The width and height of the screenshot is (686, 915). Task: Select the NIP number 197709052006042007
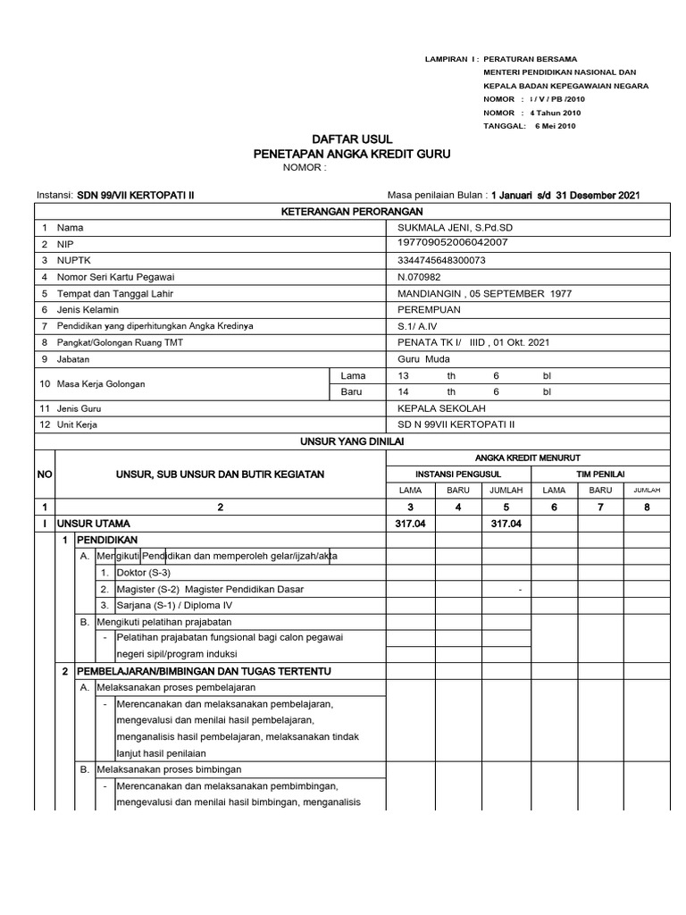pyautogui.click(x=453, y=242)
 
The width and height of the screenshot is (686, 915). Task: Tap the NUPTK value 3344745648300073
pyautogui.click(x=448, y=261)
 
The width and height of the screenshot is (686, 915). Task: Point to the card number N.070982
pyautogui.click(x=420, y=277)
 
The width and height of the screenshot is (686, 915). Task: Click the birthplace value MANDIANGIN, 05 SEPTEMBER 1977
pyautogui.click(x=485, y=293)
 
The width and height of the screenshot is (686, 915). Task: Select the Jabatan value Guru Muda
pyautogui.click(x=424, y=358)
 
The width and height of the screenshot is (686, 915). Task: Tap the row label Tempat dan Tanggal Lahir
pyautogui.click(x=114, y=293)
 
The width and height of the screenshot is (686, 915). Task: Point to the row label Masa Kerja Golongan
pyautogui.click(x=101, y=383)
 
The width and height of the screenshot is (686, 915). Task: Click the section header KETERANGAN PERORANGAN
pyautogui.click(x=352, y=211)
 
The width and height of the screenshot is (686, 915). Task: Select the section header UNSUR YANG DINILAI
pyautogui.click(x=352, y=441)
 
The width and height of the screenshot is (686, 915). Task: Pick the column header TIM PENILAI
pyautogui.click(x=599, y=473)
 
